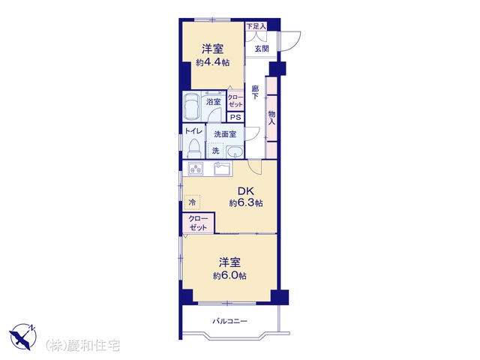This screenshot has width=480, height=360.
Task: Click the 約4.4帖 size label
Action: pyautogui.click(x=213, y=62)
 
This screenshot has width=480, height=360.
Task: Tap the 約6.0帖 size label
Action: pyautogui.click(x=230, y=275)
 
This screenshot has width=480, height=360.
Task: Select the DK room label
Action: pyautogui.click(x=246, y=191)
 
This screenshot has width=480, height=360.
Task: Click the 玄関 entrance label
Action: pyautogui.click(x=262, y=48)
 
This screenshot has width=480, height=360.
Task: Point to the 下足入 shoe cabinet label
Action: pyautogui.click(x=256, y=26)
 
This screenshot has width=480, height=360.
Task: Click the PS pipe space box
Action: pyautogui.click(x=235, y=117)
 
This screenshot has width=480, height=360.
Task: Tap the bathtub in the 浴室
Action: pyautogui.click(x=192, y=106)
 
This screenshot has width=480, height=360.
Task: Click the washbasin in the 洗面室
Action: pyautogui.click(x=235, y=151)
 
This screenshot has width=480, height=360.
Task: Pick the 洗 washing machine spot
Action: pyautogui.click(x=216, y=151)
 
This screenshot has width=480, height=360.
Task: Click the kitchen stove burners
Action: pyautogui.click(x=196, y=169)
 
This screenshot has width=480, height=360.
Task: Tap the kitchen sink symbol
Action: pyautogui.click(x=223, y=169)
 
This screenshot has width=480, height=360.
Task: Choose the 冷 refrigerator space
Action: pyautogui.click(x=192, y=202)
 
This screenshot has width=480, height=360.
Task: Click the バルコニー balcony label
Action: pyautogui.click(x=230, y=321)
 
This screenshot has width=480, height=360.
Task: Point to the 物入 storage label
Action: pyautogui.click(x=271, y=118)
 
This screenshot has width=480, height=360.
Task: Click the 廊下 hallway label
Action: pyautogui.click(x=255, y=92)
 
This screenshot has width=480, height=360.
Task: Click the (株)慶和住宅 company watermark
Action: pyautogui.click(x=82, y=346)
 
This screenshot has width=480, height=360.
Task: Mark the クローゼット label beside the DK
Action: pyautogui.click(x=198, y=223)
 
